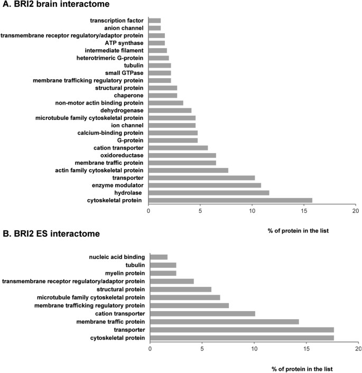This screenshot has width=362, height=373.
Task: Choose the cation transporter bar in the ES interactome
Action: pyautogui.click(x=202, y=313)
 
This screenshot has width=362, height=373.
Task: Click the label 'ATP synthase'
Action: pyautogui.click(x=125, y=43)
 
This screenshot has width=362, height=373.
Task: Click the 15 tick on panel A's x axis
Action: pyautogui.click(x=304, y=211)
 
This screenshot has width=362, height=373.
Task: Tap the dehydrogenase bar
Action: pyautogui.click(x=170, y=110)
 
